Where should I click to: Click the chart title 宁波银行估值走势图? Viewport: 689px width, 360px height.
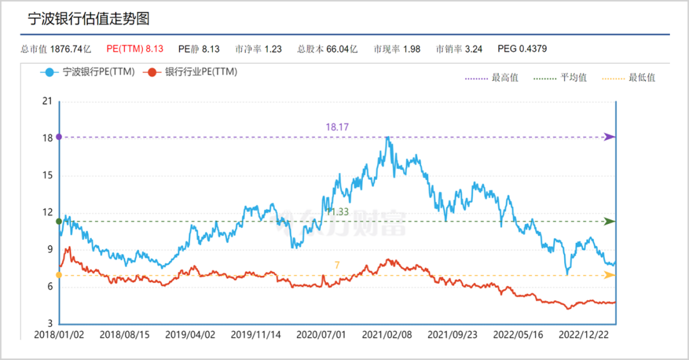pyautogui.click(x=89, y=19)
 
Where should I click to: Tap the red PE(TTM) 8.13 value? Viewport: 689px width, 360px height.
pyautogui.click(x=135, y=49)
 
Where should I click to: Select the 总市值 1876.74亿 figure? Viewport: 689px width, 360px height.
pyautogui.click(x=56, y=49)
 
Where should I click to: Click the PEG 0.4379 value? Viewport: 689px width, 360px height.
pyautogui.click(x=522, y=49)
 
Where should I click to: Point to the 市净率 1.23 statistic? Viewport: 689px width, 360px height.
pyautogui.click(x=258, y=49)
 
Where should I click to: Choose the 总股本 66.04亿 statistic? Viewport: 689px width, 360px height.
pyautogui.click(x=327, y=49)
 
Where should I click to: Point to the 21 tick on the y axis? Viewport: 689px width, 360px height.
pyautogui.click(x=47, y=101)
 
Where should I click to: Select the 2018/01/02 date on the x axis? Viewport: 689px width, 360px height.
pyautogui.click(x=59, y=334)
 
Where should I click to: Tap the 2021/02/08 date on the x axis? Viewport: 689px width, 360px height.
pyautogui.click(x=387, y=334)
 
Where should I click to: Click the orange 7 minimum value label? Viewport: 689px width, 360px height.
pyautogui.click(x=337, y=265)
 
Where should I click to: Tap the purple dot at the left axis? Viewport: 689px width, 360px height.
pyautogui.click(x=59, y=137)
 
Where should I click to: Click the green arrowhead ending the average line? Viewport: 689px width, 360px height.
pyautogui.click(x=610, y=221)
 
